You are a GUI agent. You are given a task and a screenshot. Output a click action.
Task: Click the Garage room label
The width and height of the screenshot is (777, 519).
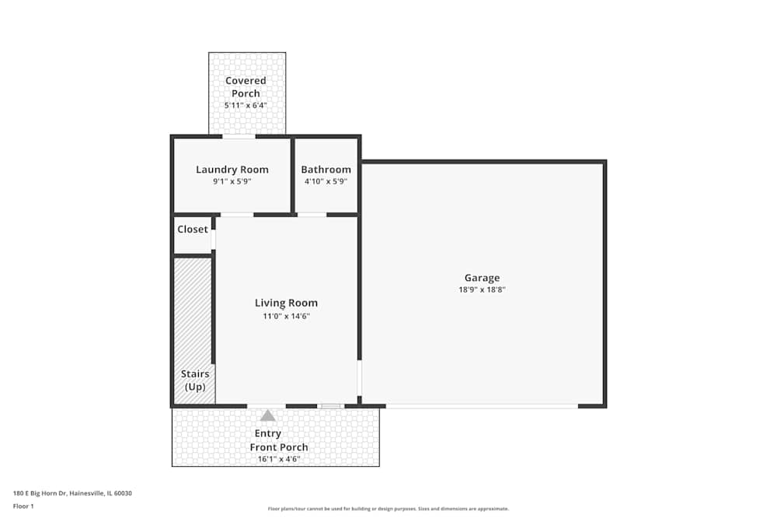pyautogui.click(x=482, y=278)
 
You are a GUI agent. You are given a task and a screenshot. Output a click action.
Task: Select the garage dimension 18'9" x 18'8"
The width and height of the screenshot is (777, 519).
pyautogui.click(x=482, y=290)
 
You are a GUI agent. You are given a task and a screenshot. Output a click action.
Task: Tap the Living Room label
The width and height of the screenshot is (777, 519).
pyautogui.click(x=286, y=303)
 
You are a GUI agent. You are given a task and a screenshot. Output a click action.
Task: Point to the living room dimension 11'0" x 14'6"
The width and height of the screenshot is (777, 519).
pyautogui.click(x=286, y=316)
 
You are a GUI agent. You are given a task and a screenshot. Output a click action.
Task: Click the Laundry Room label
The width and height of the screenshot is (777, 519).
pyautogui.click(x=232, y=170)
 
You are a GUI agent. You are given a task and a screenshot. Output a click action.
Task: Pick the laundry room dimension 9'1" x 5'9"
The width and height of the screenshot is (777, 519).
pyautogui.click(x=232, y=181)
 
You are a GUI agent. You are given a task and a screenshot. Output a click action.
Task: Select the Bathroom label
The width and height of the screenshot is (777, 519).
pyautogui.click(x=326, y=170)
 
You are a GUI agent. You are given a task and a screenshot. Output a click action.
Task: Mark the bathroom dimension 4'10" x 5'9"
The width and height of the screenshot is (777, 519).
pyautogui.click(x=326, y=181)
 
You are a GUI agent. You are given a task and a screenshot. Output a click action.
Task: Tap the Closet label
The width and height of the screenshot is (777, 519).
pyautogui.click(x=193, y=230)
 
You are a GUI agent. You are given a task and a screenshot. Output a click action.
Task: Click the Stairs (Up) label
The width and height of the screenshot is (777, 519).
pyautogui.click(x=196, y=380)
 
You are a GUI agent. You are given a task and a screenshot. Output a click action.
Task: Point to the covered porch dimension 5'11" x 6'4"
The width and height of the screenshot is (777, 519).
pyautogui.click(x=246, y=105)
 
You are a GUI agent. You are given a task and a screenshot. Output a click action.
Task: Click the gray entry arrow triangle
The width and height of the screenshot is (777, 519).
pyautogui.click(x=267, y=416)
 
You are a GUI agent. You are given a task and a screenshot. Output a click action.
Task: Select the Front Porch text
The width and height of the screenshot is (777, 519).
pyautogui.click(x=278, y=447)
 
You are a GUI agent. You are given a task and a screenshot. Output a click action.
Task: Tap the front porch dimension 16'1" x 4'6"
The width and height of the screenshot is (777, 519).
pyautogui.click(x=278, y=459)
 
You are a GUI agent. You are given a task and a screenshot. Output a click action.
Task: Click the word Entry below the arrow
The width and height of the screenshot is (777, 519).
pyautogui.click(x=268, y=434)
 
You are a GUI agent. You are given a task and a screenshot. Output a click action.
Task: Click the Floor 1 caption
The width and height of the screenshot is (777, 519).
pyautogui.click(x=23, y=506)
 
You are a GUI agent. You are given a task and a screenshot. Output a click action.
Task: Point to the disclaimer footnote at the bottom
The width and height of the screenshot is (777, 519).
pyautogui.click(x=388, y=509)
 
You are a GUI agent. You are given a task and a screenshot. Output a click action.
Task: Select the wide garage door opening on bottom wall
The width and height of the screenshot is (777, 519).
pyautogui.click(x=482, y=405)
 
